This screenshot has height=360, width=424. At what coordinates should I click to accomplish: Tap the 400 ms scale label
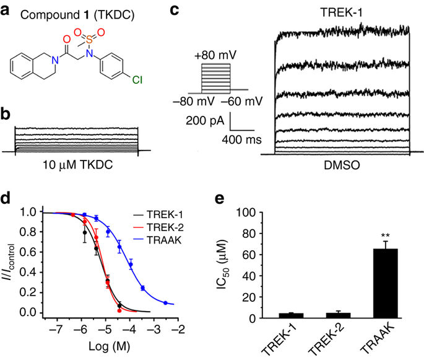click(x=238, y=140)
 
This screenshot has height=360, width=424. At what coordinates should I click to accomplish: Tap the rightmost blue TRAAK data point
click(x=165, y=303)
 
